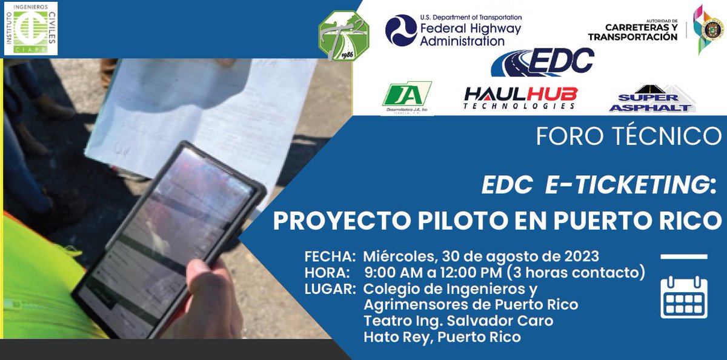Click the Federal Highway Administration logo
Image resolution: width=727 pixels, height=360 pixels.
coord(453,30)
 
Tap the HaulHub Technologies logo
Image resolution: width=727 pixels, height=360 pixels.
coord(520,98)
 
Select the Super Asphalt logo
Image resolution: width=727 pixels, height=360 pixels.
coord(651,99)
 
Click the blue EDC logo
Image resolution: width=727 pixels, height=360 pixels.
coord(542,62)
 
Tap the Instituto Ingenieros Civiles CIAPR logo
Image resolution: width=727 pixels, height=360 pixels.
coord(31,28)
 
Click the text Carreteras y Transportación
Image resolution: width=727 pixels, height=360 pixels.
coord(633,32)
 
